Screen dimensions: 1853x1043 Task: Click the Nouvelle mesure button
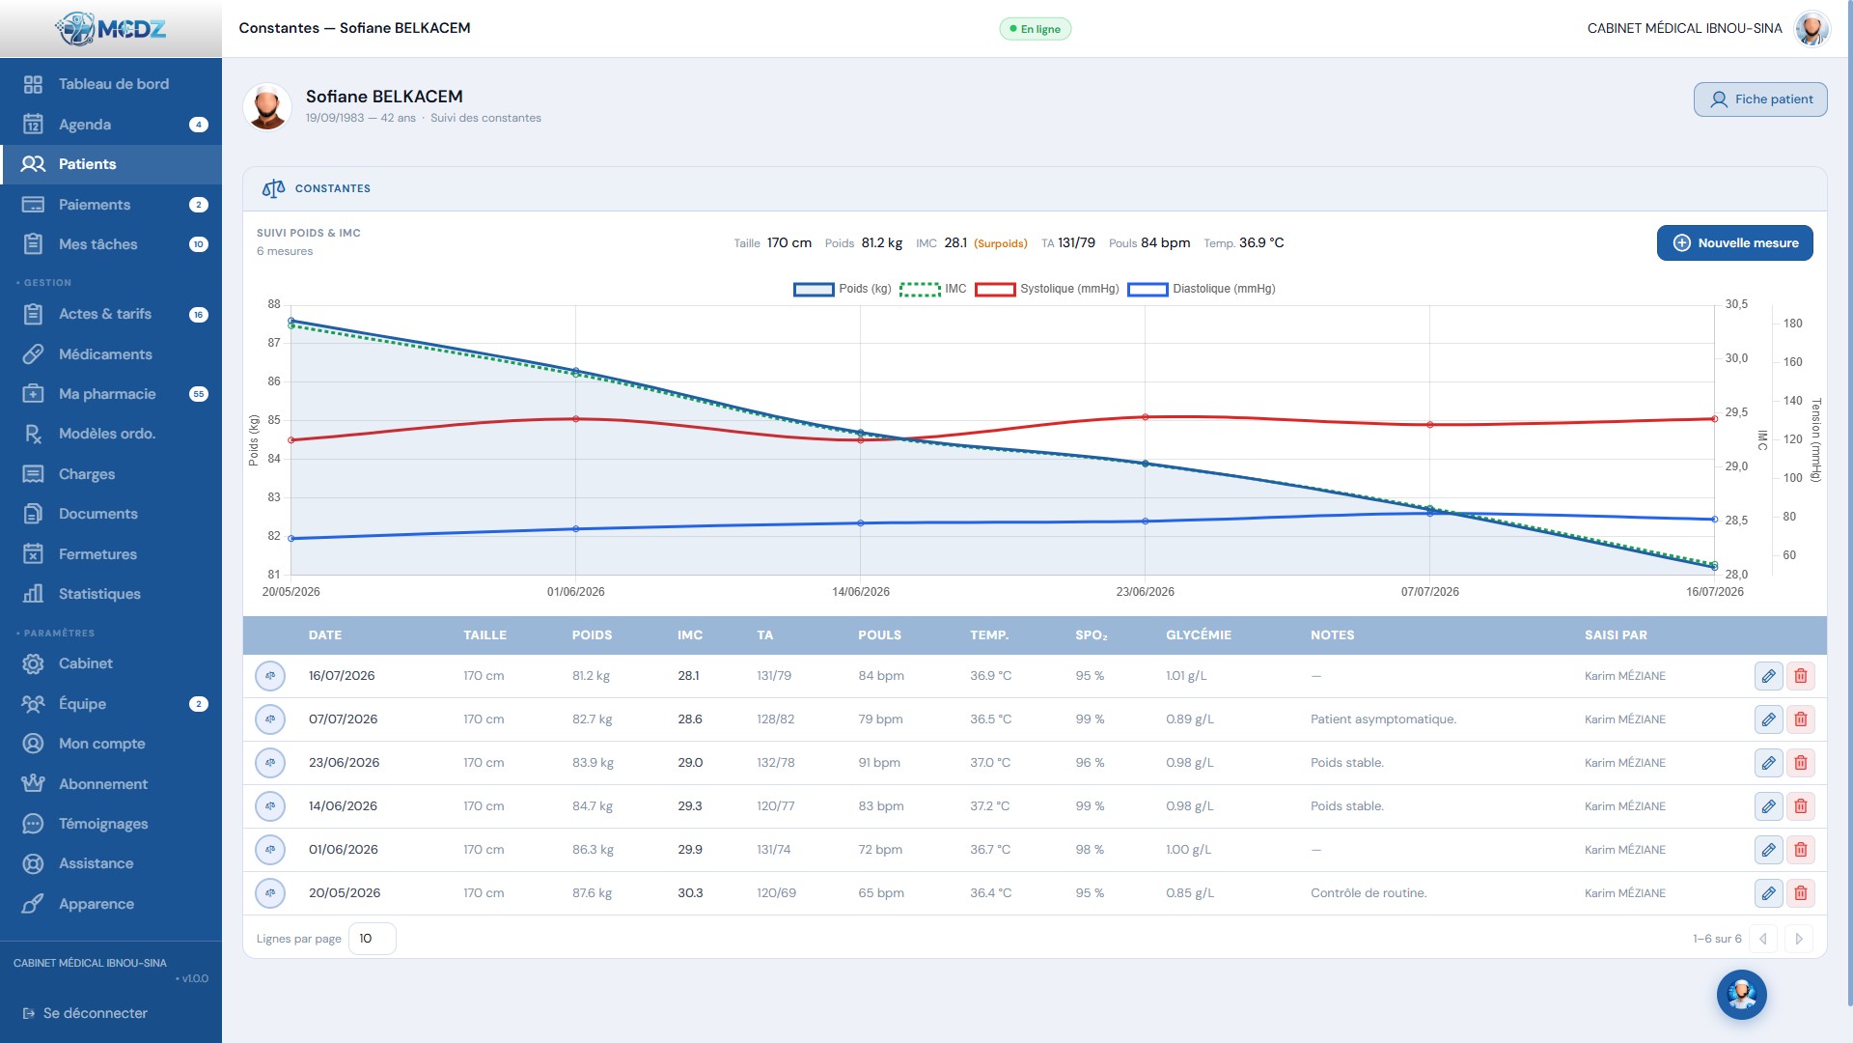point(1734,243)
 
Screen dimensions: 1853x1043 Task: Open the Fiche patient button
point(1760,99)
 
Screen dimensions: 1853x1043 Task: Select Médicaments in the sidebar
point(105,354)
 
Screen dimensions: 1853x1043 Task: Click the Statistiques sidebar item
point(99,594)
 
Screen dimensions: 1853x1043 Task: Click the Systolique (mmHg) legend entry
point(1047,289)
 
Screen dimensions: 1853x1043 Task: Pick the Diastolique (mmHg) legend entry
point(1202,289)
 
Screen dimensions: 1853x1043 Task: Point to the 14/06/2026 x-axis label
point(861,592)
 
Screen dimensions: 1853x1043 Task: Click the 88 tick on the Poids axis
point(274,304)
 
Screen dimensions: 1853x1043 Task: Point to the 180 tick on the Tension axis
point(1792,324)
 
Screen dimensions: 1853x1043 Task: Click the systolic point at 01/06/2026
point(576,419)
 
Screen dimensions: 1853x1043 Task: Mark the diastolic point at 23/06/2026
point(1146,521)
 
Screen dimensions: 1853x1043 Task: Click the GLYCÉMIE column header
point(1199,635)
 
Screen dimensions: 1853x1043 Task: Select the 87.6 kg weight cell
point(592,893)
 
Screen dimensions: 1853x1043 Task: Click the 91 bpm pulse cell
point(879,763)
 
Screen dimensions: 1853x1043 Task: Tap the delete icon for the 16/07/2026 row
point(1801,676)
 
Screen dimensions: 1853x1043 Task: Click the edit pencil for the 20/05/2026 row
point(1768,893)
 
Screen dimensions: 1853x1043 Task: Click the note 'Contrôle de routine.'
point(1369,893)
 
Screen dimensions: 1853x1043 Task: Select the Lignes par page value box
point(372,939)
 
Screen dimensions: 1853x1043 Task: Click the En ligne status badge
point(1035,29)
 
